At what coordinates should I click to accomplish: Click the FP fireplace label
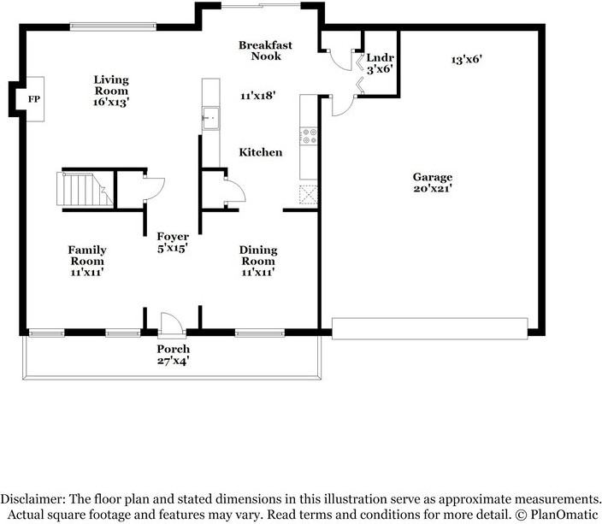[33, 100]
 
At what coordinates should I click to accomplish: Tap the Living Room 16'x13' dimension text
[111, 102]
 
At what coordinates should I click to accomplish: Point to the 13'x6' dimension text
[469, 60]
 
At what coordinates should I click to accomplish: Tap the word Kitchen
[260, 152]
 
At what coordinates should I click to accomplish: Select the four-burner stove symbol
[309, 137]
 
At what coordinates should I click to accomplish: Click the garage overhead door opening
[429, 329]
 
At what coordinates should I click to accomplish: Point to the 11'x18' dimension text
[257, 96]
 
